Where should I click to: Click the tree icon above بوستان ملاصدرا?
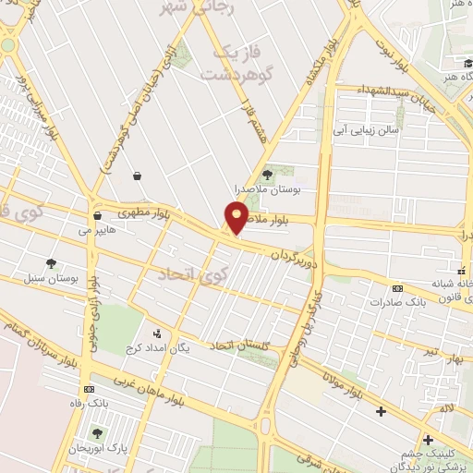coord(268,173)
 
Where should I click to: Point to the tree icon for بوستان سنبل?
coord(51,263)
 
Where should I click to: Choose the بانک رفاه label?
coord(90,403)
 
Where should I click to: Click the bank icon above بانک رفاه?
coord(90,390)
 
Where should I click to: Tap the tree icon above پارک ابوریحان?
coord(97,433)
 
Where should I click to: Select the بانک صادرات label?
coord(387,301)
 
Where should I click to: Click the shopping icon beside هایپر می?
coord(96,215)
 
